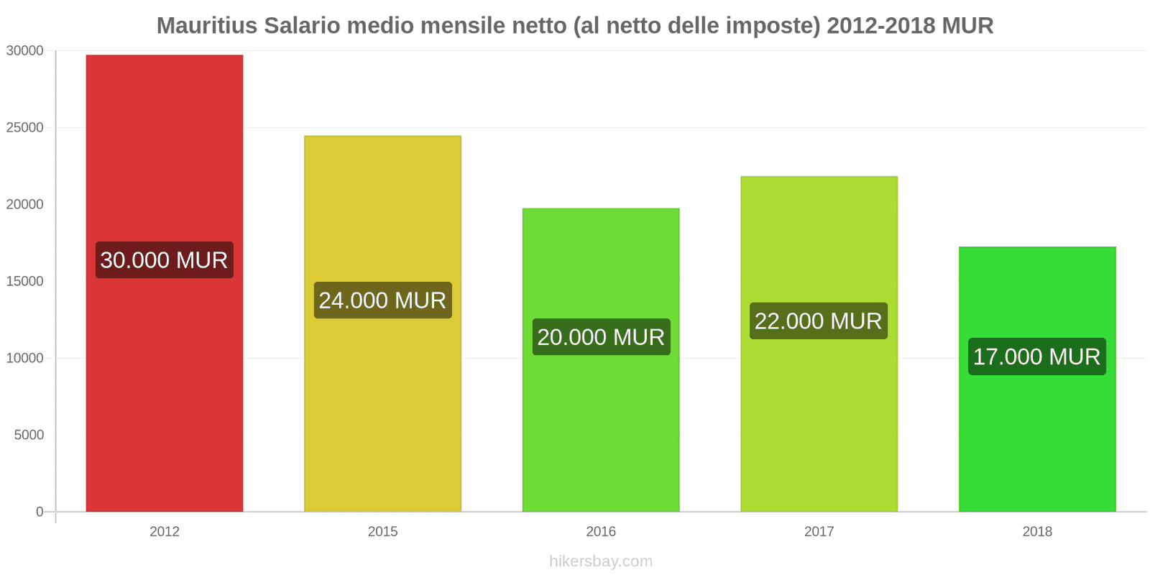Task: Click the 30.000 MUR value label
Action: (164, 260)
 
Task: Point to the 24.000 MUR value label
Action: (382, 300)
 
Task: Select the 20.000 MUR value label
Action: (601, 337)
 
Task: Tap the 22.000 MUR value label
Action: (819, 321)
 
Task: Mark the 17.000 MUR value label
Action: (1037, 357)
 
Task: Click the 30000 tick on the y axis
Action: (25, 51)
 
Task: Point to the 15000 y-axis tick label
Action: (25, 282)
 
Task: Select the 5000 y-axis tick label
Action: (29, 436)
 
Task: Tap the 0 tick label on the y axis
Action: (40, 512)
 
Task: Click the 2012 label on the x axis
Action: (164, 532)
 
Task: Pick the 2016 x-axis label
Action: (601, 532)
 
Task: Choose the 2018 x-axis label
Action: (1037, 532)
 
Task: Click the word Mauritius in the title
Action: (207, 26)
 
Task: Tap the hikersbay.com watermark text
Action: (601, 561)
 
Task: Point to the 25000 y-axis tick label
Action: (25, 128)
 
